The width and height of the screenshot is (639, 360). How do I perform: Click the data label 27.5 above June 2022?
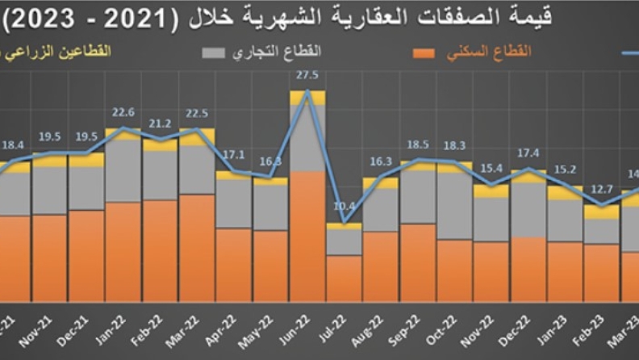tap(307, 75)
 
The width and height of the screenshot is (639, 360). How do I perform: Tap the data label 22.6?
tap(123, 113)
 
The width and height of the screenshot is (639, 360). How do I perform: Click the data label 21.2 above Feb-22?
tap(160, 123)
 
